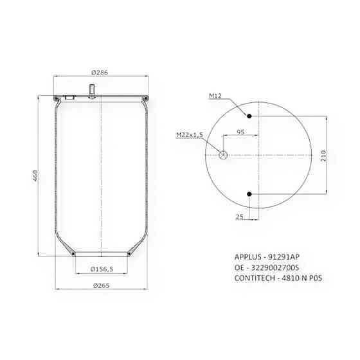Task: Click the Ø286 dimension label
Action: coord(100,73)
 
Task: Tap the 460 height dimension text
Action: coord(35,175)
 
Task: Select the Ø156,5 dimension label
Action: coord(102,269)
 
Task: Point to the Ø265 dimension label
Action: coord(102,285)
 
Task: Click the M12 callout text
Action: coord(215,96)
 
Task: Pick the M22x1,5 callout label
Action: coord(190,135)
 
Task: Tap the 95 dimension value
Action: coord(240,132)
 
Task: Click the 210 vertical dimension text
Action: coord(323,156)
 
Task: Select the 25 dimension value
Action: coord(239,217)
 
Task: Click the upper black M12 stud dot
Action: coord(249,116)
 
